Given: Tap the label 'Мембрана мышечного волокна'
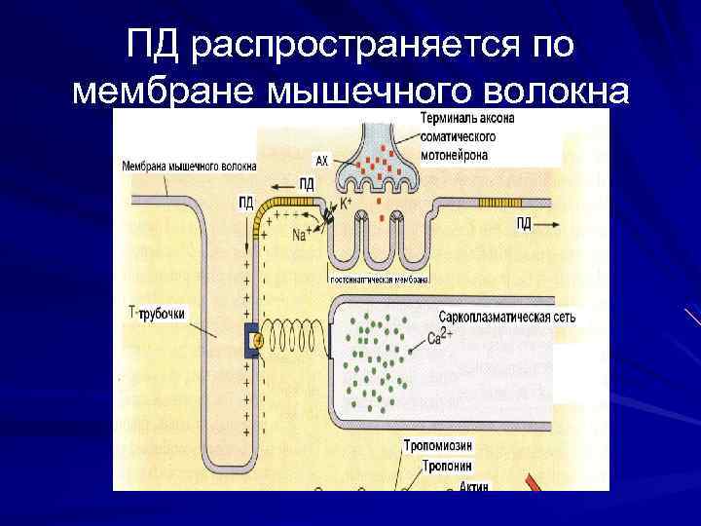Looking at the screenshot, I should (189, 166).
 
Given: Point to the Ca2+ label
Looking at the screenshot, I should (440, 340).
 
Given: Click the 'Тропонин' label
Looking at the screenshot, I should (448, 466).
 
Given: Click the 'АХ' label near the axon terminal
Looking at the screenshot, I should (321, 160).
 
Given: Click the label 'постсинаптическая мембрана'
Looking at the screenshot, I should (380, 279).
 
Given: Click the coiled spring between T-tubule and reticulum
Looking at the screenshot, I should (297, 339).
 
